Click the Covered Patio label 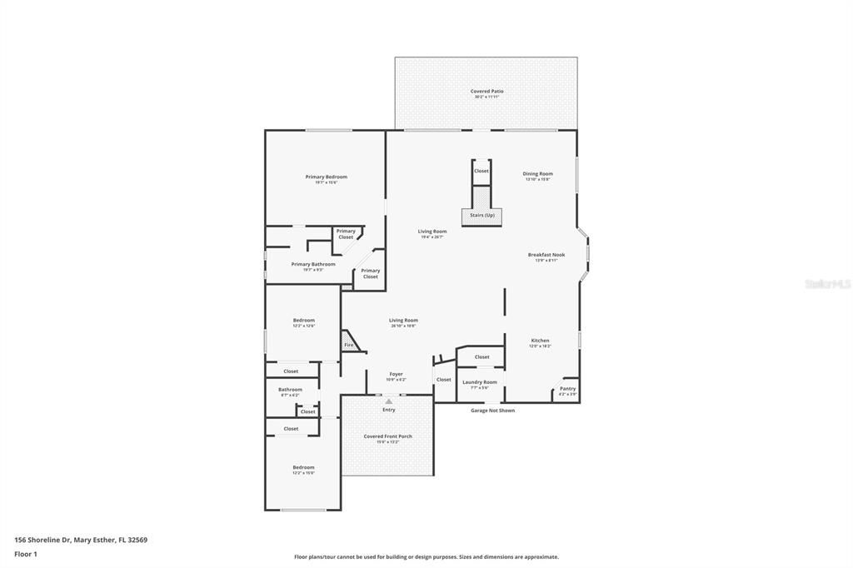[486, 92]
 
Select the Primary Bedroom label [326, 177]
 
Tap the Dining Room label [538, 174]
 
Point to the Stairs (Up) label [481, 216]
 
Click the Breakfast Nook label [546, 255]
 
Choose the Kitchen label [541, 341]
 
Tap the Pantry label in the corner [567, 389]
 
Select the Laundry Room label [480, 382]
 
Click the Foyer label [396, 375]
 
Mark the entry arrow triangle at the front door [388, 401]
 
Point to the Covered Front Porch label [387, 436]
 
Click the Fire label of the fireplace [348, 345]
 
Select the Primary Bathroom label [313, 265]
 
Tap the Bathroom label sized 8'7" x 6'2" [290, 390]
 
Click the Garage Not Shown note [492, 411]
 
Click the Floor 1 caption [26, 554]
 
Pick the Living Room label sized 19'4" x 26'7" [432, 232]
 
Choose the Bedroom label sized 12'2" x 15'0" [303, 468]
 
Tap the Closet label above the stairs [481, 171]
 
